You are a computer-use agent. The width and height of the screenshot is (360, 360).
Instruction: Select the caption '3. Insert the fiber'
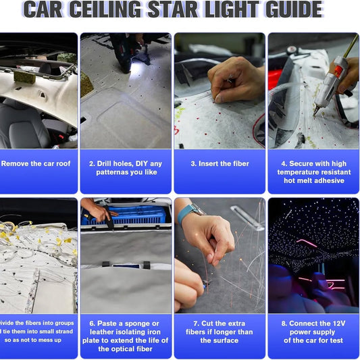(x=220, y=163)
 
